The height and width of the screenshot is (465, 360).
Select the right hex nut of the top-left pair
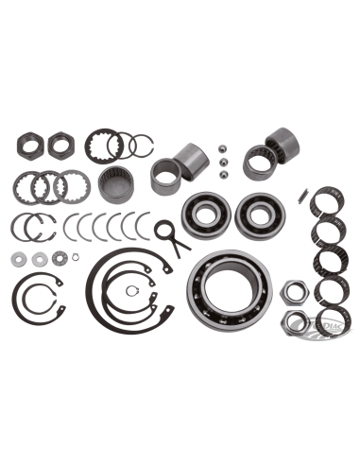tap(57, 144)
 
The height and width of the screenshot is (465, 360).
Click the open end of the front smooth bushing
tap(163, 176)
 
